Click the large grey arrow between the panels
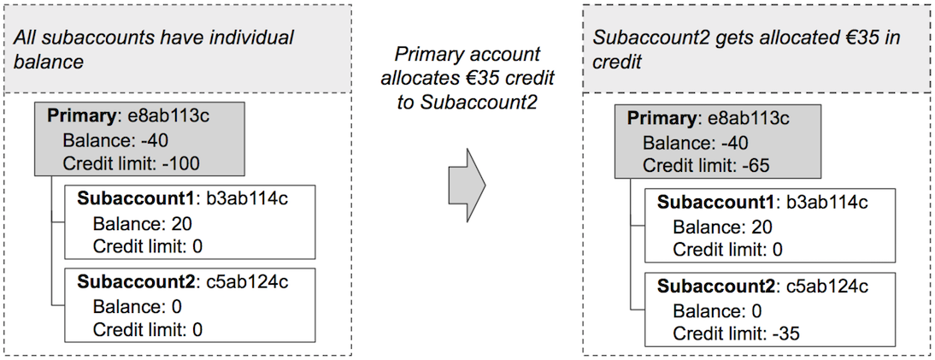point(466,184)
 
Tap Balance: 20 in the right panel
point(722,227)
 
